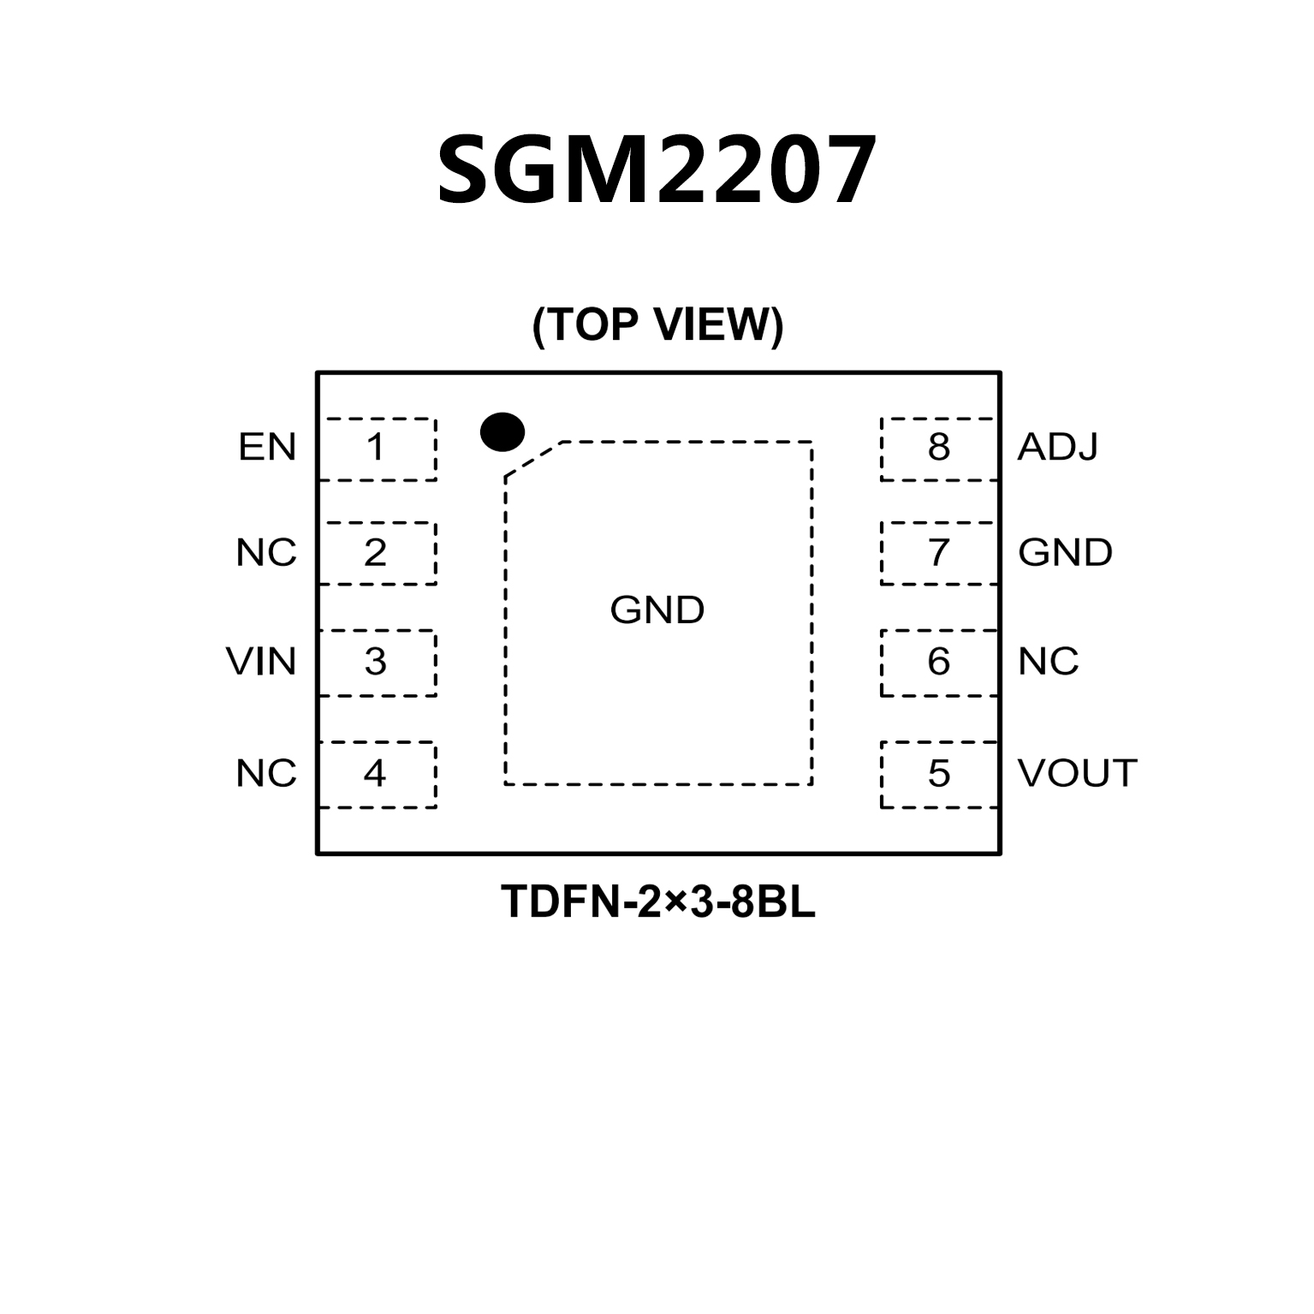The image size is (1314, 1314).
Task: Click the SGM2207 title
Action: (x=657, y=170)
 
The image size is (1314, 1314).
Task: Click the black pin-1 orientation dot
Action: (x=502, y=431)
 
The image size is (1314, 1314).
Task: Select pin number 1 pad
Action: (x=376, y=449)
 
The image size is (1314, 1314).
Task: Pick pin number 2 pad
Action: (x=376, y=553)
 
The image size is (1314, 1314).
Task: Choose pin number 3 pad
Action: (x=376, y=662)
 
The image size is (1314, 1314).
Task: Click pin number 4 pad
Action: (x=376, y=774)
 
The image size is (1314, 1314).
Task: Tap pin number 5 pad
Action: (x=939, y=774)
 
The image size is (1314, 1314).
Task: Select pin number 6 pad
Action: (x=939, y=662)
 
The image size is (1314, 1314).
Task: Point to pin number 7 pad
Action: (x=939, y=553)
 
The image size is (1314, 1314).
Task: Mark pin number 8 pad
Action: (x=939, y=449)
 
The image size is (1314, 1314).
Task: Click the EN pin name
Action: (x=267, y=448)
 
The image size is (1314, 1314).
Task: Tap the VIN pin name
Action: (x=261, y=662)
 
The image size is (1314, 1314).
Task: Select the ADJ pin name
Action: (x=1057, y=448)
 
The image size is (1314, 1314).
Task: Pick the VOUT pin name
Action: (x=1077, y=774)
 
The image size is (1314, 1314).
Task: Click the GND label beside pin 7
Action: (x=1065, y=553)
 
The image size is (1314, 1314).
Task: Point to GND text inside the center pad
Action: (x=657, y=610)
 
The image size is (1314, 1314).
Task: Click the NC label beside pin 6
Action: (x=1048, y=662)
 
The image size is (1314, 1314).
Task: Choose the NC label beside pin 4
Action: (x=266, y=774)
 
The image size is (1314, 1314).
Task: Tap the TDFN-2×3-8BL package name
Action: (x=657, y=902)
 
